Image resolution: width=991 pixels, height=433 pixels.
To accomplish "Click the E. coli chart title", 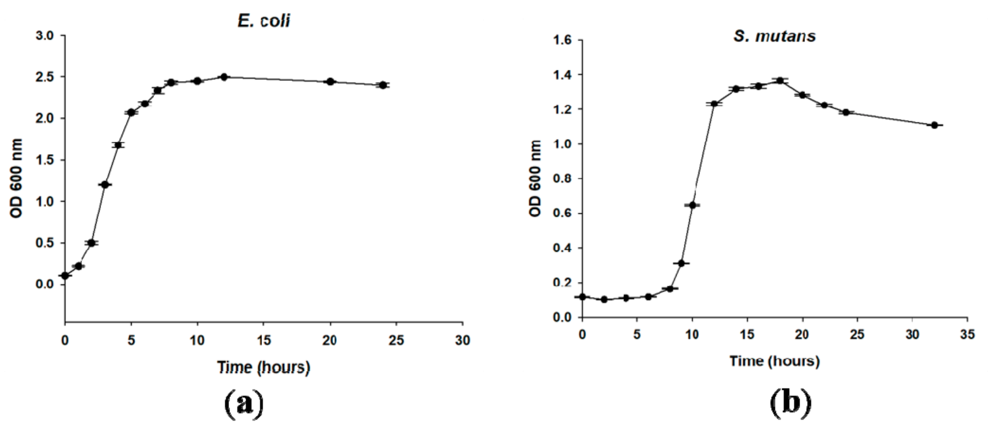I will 264,21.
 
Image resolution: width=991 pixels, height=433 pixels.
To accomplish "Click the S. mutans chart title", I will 774,36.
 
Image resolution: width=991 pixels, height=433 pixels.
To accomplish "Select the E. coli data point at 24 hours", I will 383,85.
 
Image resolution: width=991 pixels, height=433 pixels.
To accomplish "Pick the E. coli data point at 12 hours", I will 224,77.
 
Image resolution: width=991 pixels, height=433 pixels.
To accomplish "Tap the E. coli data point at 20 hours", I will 330,82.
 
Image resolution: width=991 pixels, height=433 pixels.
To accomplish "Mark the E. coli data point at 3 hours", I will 105,185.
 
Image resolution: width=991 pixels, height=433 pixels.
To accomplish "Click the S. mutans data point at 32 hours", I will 934,125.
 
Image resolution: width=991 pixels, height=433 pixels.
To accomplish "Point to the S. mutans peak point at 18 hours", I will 780,81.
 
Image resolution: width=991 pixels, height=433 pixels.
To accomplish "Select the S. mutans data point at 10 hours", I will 692,205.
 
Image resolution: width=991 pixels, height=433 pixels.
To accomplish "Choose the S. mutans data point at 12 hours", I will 714,104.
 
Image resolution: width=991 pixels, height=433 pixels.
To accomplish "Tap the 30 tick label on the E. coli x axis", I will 462,340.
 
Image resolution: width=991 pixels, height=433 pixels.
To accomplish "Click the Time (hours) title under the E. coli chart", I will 264,367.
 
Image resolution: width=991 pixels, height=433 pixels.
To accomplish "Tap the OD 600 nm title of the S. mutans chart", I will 535,178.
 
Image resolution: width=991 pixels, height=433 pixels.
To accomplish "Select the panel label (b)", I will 791,403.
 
